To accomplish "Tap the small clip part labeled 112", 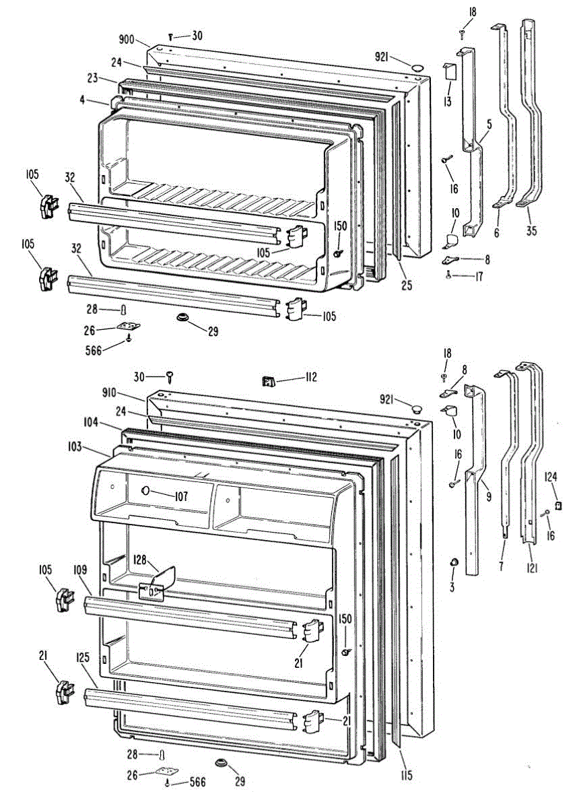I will (269, 382).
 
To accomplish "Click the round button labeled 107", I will (145, 493).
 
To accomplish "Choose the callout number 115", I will (405, 774).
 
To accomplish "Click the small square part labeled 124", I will (557, 504).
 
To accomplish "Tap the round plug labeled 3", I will (454, 562).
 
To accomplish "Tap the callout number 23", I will (92, 79).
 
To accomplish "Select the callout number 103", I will (92, 446).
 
